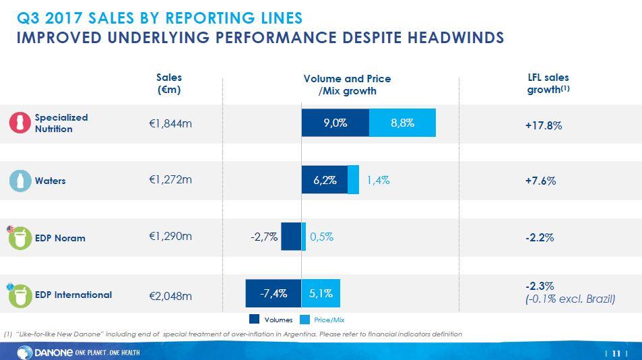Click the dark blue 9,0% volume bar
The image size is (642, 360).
click(335, 123)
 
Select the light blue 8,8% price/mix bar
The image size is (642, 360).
click(402, 123)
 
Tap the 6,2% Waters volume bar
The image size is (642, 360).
click(324, 180)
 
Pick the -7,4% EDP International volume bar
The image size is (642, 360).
click(273, 293)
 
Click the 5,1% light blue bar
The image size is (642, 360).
click(321, 293)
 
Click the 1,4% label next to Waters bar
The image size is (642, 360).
click(378, 180)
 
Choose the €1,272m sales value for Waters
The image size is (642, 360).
click(170, 180)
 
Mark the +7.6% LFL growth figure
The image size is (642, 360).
click(541, 181)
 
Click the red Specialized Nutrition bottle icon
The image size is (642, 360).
click(21, 123)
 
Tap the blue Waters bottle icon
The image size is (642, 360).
click(21, 181)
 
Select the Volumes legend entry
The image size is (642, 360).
click(271, 320)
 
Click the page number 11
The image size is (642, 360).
click(616, 353)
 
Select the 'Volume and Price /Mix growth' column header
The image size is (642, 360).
click(347, 84)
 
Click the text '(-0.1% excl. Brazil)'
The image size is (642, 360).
click(570, 299)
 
